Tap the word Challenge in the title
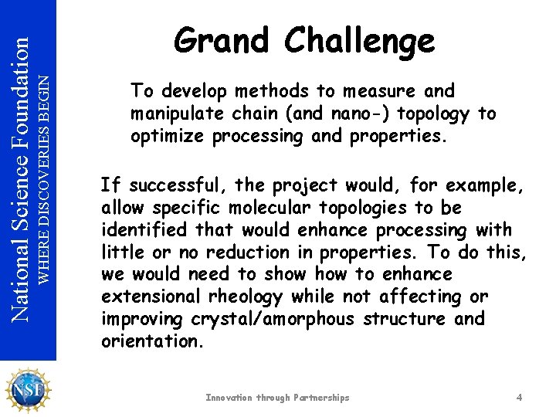pos(359,41)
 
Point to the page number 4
pos(520,398)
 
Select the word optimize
pos(163,137)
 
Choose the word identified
pos(144,230)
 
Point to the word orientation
pos(150,341)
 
